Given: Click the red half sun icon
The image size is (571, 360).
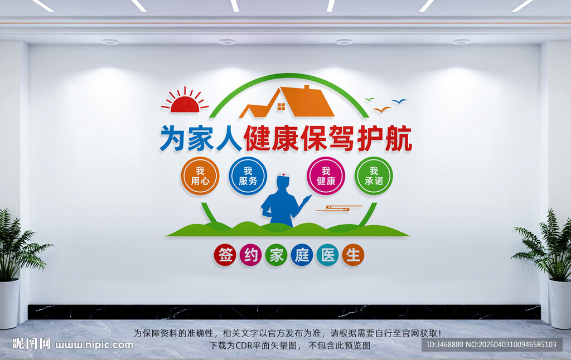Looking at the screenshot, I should pos(184,103).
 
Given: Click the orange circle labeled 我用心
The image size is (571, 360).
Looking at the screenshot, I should pos(200,176).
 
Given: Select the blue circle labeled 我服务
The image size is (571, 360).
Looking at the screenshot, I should pos(248,176).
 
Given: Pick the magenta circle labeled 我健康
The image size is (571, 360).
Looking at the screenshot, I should pos(326,176).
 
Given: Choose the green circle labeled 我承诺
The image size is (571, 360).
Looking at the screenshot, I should pos(374,176).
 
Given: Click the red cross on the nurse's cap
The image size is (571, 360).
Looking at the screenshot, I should pos(284,175).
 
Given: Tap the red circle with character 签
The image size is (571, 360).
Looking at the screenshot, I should pos(225,255).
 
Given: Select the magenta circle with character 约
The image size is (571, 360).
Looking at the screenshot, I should pos(250,255).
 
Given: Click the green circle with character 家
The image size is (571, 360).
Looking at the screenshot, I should pos(276,255).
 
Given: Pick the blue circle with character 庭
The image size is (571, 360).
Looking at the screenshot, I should pos(302,255).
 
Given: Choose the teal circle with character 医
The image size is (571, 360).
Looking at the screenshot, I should pos(327,255).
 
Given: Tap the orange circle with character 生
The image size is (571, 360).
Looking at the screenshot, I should pos(353,255).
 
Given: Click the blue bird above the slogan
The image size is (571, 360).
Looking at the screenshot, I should pos(399,101).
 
